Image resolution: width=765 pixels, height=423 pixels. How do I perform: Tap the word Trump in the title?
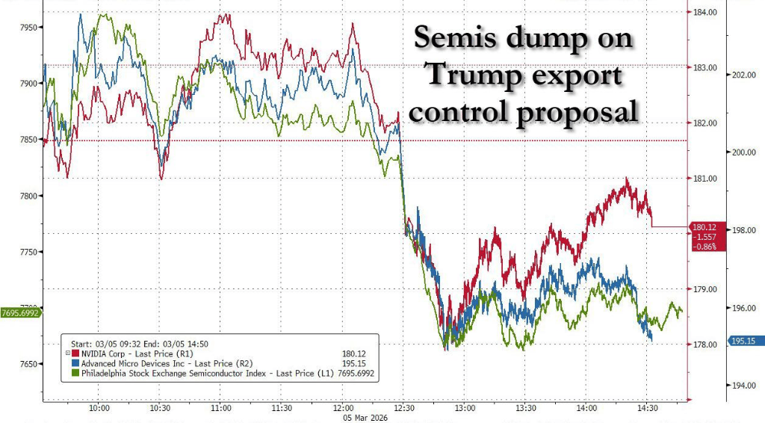(471, 75)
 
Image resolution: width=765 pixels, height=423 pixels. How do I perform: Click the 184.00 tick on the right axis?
(706, 13)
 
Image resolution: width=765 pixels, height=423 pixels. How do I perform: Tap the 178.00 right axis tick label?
(706, 345)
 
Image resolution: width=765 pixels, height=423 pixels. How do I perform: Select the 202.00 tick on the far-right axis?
(746, 75)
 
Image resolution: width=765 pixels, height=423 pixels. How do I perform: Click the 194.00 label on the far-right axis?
(746, 386)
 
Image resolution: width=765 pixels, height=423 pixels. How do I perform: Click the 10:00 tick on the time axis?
(99, 409)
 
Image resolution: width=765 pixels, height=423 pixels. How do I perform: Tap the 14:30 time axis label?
(647, 409)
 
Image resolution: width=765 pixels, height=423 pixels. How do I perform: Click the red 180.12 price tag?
(706, 226)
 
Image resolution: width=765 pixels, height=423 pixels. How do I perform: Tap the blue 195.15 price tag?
(746, 341)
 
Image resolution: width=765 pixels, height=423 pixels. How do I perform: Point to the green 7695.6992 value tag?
(21, 313)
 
